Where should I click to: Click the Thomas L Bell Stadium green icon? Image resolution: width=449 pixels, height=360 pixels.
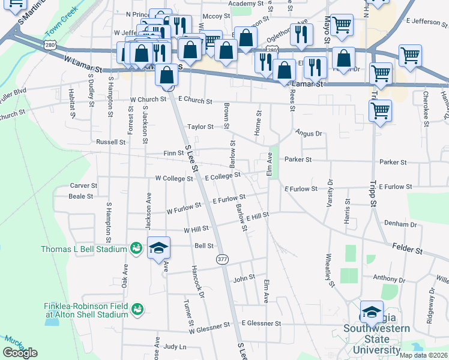136,249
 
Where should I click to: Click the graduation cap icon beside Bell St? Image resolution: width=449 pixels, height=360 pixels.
159,247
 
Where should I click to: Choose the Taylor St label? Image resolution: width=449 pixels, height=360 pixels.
200,127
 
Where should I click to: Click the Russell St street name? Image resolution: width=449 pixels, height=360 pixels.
111,142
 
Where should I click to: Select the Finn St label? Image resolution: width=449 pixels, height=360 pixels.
173,154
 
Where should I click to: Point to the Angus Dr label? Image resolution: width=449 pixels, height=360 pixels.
309,133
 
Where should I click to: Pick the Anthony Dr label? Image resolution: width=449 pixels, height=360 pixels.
389,278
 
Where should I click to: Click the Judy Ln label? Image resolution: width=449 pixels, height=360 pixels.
175,347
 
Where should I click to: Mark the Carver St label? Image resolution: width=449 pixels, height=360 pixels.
83,186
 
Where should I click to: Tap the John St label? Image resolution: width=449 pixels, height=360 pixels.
244,278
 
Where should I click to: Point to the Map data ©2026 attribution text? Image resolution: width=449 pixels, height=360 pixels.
423,355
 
